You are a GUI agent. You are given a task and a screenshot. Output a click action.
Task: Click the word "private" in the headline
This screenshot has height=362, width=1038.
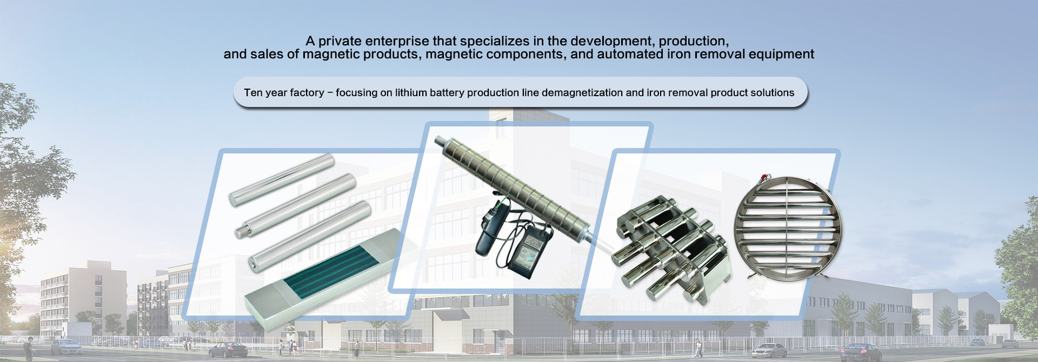click(x=340, y=41)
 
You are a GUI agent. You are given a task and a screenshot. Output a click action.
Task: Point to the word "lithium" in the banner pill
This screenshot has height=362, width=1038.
click(x=411, y=92)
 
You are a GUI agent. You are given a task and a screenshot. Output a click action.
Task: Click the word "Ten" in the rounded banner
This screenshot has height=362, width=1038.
click(x=253, y=92)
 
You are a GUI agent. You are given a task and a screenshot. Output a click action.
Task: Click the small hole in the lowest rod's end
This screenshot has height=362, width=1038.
click(x=252, y=265)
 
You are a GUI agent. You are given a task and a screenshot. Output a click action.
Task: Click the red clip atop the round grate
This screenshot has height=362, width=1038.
click(x=764, y=177)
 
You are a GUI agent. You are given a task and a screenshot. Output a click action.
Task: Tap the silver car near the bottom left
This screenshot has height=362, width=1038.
click(x=66, y=346)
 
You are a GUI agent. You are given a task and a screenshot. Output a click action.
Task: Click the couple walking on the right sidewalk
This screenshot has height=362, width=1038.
click(x=699, y=348)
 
